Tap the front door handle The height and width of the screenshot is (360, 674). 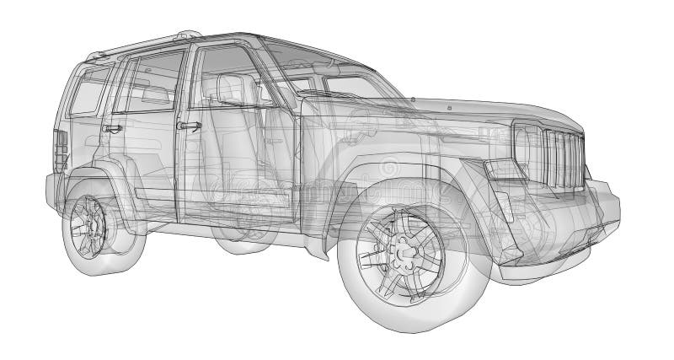(x=190, y=126)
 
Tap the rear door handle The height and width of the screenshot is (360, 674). (x=111, y=128)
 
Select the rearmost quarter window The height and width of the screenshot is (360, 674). (x=90, y=89)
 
